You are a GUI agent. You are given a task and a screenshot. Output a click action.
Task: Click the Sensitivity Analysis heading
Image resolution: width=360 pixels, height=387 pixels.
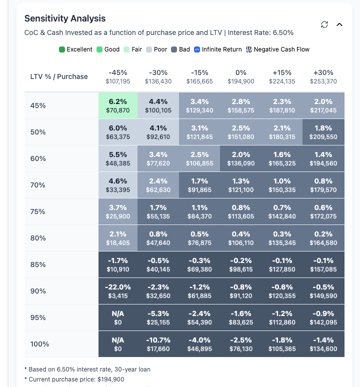point(65,18)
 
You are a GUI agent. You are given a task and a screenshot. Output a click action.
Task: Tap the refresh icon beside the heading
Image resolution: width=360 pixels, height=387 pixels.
point(324,24)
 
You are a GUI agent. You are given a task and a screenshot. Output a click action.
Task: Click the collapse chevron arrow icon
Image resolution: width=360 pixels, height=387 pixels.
point(339,24)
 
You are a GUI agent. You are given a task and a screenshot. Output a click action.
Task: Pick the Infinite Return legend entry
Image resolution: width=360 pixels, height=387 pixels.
point(218,49)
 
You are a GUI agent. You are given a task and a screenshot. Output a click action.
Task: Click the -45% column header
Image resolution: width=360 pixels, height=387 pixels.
point(118,76)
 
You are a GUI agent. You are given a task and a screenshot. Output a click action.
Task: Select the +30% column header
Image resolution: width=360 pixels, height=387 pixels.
point(323,76)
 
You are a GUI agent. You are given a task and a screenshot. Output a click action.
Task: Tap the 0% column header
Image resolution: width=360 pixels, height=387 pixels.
point(241,76)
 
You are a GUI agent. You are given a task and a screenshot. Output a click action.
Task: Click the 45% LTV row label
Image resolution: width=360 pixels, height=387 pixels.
point(38,105)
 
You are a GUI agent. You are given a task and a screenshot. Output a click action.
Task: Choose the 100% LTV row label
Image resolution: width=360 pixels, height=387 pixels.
point(39,344)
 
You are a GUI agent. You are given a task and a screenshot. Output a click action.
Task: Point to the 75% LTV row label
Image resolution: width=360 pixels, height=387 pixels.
point(38,211)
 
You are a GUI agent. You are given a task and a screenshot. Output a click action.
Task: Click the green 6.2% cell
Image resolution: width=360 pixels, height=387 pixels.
point(118,105)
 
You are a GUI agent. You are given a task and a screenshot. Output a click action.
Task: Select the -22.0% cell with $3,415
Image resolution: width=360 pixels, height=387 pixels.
point(118,291)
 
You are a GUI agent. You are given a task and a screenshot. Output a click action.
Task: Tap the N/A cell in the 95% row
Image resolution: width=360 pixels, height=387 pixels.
point(118,317)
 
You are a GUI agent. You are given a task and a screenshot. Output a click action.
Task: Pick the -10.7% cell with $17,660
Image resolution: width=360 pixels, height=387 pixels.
point(159,344)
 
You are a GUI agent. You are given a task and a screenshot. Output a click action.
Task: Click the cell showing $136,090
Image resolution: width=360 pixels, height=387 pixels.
point(241,158)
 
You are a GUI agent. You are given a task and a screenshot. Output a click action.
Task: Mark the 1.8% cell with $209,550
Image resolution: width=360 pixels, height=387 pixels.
point(323,132)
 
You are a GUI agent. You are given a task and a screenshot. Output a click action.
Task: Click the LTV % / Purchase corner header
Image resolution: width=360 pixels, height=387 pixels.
point(59,76)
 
